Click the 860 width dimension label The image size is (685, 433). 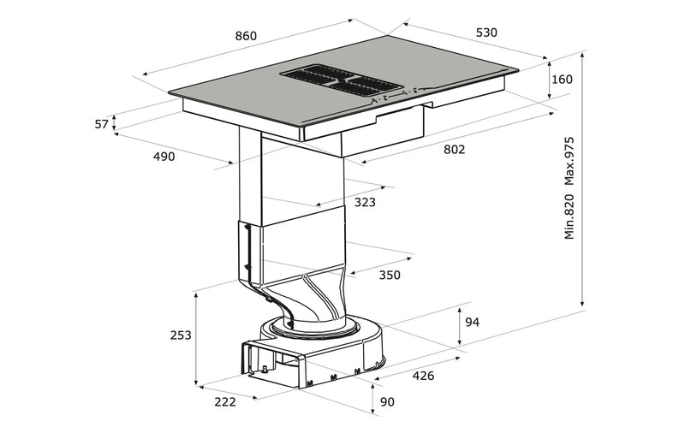coord(245,36)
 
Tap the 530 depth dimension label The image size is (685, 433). coord(485,33)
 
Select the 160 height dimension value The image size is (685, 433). coord(562,80)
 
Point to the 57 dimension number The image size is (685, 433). coord(102,124)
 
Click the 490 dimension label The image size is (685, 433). coord(164,156)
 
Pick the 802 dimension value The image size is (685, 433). coord(454,150)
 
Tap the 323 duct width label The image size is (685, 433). coord(365,203)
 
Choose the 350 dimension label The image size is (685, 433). coord(390,275)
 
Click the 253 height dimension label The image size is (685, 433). coord(179,335)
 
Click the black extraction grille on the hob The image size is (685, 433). coord(342,80)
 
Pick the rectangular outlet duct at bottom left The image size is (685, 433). coord(274,364)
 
